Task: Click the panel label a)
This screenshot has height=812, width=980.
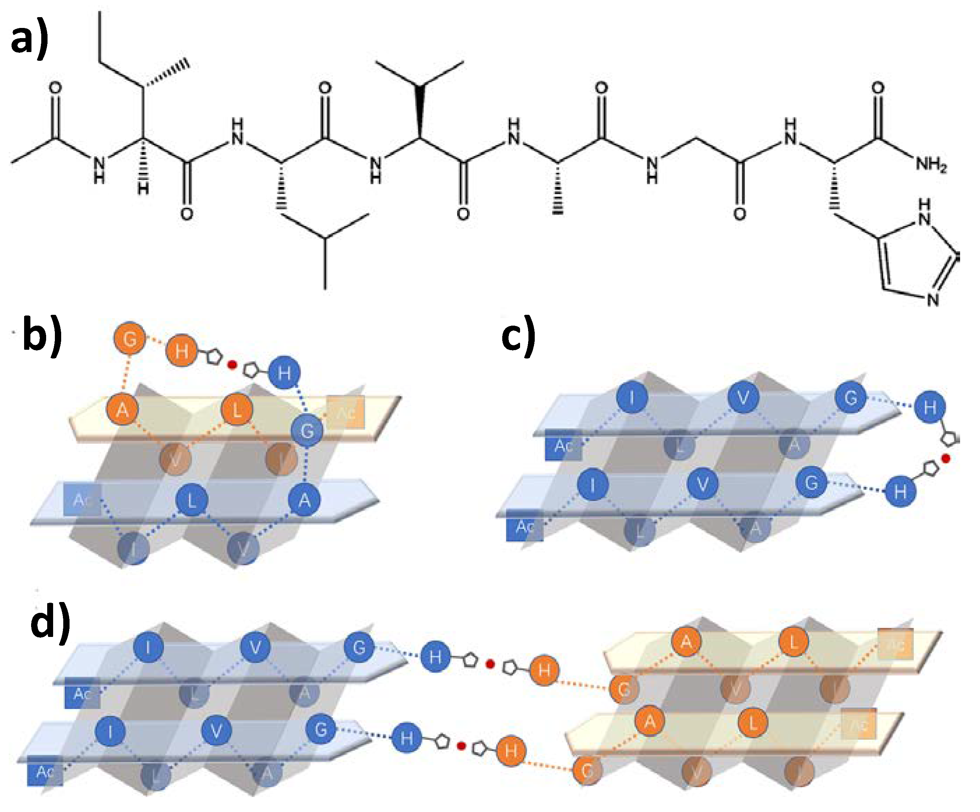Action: coord(29,39)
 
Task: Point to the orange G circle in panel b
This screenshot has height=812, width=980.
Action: coord(130,339)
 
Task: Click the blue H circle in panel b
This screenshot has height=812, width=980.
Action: coord(284,372)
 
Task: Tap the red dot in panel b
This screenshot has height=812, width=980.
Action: coord(231,365)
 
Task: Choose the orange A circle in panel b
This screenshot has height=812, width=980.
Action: coord(122,409)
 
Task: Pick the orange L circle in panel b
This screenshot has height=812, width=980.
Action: coord(237,409)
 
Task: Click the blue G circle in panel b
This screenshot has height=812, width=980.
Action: coord(307,430)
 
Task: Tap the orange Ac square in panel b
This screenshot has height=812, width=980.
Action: coord(345,412)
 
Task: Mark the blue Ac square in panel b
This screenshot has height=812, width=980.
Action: coord(82,500)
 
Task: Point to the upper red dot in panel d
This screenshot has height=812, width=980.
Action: coord(490,664)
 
